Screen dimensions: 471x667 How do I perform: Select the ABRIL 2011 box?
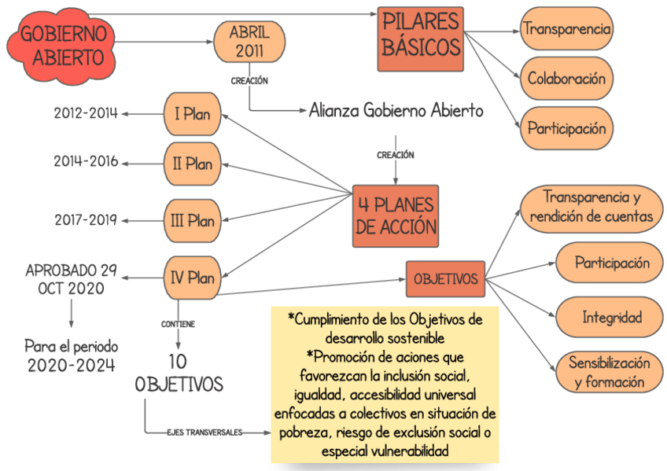click(249, 42)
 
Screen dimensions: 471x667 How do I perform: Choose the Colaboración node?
click(566, 79)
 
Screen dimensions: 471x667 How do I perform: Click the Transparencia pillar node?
click(566, 29)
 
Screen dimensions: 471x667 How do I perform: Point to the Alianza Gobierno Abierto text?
click(396, 111)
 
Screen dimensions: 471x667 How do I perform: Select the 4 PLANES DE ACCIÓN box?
click(395, 216)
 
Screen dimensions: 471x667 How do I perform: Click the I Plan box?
click(192, 114)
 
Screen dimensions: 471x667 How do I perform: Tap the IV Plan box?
click(192, 278)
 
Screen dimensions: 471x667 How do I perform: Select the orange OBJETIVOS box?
click(445, 278)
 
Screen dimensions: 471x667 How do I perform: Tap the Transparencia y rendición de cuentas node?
click(591, 206)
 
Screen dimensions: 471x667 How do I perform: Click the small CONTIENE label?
click(178, 323)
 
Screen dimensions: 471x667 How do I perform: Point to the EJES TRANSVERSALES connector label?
click(204, 432)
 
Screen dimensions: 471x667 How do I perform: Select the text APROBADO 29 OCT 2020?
click(71, 279)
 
